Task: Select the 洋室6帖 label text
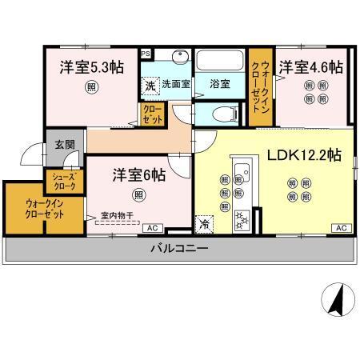(x=138, y=174)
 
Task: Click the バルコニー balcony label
(x=180, y=249)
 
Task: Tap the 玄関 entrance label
(x=63, y=146)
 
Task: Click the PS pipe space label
(x=145, y=54)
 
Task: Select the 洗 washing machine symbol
(x=150, y=83)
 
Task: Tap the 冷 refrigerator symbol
(x=205, y=223)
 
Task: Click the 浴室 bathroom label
(x=219, y=82)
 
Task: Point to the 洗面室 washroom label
(x=174, y=82)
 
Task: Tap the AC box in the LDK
(x=341, y=228)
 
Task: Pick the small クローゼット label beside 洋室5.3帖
(x=151, y=114)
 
